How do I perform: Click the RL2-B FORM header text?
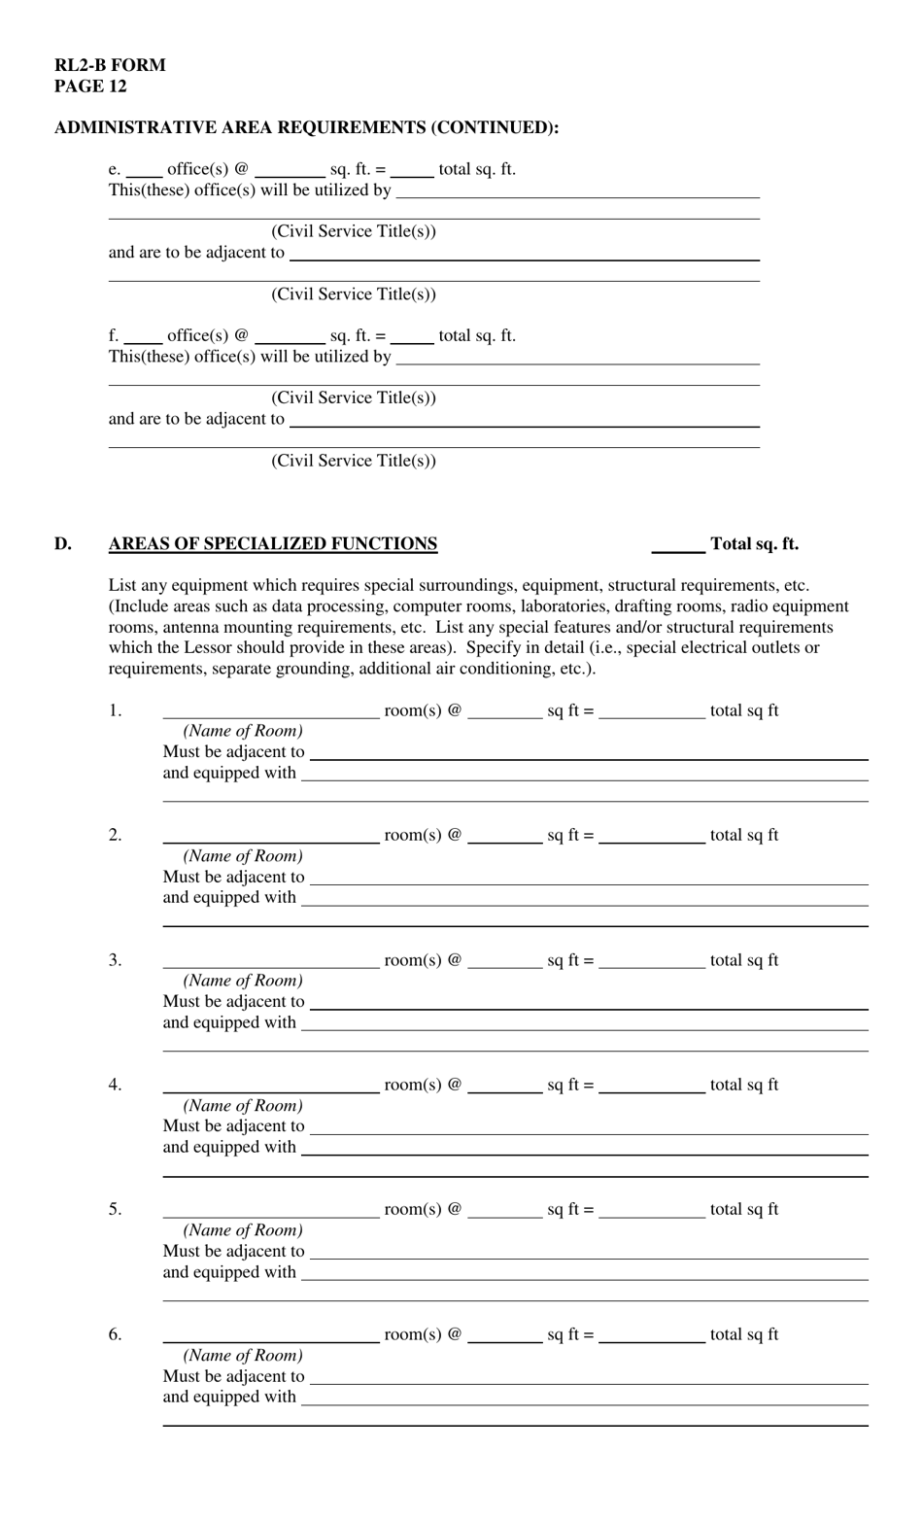110,65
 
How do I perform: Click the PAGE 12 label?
90,86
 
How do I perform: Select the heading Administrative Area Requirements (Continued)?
306,127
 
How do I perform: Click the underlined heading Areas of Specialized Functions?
272,544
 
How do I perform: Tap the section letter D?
63,544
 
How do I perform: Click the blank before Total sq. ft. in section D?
677,546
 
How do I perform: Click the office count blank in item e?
144,171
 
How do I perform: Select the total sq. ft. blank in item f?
412,337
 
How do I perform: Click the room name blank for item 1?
270,712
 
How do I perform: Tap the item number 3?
115,960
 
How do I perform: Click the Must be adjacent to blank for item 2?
588,879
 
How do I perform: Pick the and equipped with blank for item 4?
584,1149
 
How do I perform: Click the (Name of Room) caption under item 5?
243,1230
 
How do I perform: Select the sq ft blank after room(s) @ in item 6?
504,1336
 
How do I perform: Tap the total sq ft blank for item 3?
651,962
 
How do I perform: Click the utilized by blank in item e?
577,191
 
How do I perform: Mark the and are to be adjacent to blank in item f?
524,421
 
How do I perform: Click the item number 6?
115,1334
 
